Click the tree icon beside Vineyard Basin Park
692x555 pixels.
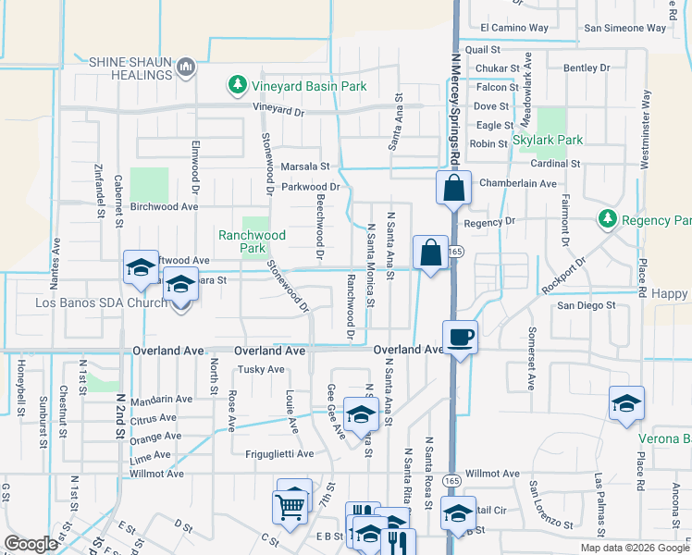pyautogui.click(x=238, y=86)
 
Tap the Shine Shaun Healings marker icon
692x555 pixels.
pyautogui.click(x=187, y=67)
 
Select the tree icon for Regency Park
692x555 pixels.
pyautogui.click(x=607, y=220)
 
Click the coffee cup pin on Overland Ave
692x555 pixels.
pyautogui.click(x=460, y=336)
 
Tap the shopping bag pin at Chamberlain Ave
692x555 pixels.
pyautogui.click(x=454, y=188)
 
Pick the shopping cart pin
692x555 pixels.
pyautogui.click(x=290, y=506)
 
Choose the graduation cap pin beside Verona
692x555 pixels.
pyautogui.click(x=626, y=404)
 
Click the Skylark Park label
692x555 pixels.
pyautogui.click(x=548, y=140)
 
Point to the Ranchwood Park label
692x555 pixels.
pyautogui.click(x=252, y=241)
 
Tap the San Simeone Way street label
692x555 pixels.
pyautogui.click(x=624, y=28)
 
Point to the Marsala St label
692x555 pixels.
pyautogui.click(x=305, y=166)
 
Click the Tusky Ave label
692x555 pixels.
pyautogui.click(x=262, y=369)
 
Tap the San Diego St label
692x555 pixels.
pyautogui.click(x=586, y=304)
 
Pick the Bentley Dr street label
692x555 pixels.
pyautogui.click(x=587, y=68)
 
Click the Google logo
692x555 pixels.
pyautogui.click(x=31, y=544)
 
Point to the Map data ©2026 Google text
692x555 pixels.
pyautogui.click(x=634, y=548)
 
